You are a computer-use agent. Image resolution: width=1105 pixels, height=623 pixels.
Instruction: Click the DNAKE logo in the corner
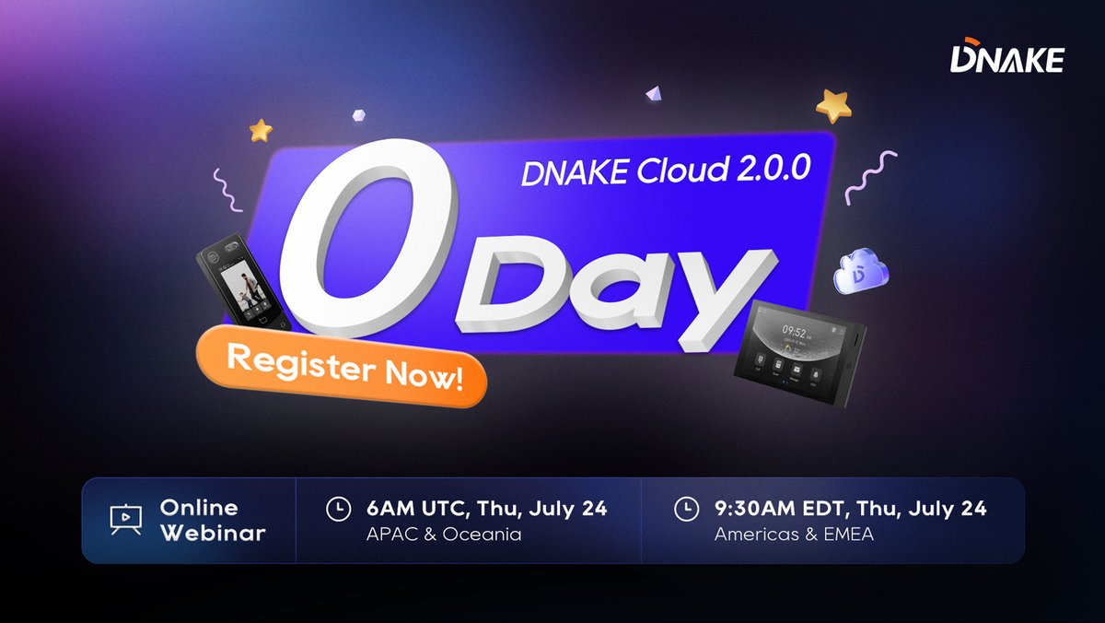[1006, 58]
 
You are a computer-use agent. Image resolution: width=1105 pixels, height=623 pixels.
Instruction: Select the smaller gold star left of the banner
[261, 129]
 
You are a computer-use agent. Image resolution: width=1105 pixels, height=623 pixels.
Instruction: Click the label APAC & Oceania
[444, 535]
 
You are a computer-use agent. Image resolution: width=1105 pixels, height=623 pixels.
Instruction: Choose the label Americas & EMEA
[793, 535]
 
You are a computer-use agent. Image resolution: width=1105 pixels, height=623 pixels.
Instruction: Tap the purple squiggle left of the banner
[227, 190]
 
